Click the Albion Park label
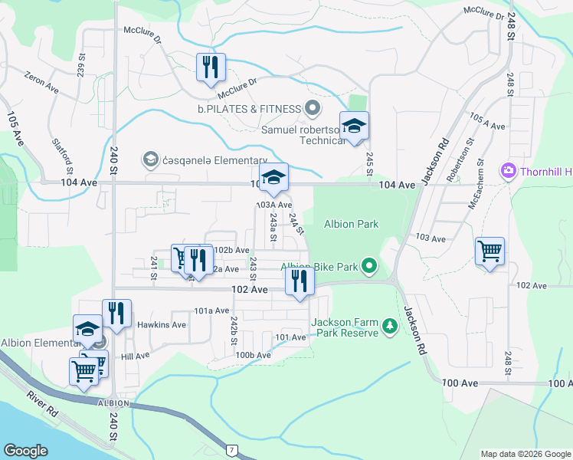[x=352, y=224]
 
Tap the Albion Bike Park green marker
[x=370, y=267]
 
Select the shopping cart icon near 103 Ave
[x=490, y=250]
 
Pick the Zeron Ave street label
[x=41, y=84]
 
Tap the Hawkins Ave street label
[x=162, y=324]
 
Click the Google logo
[x=27, y=451]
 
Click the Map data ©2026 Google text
[x=526, y=454]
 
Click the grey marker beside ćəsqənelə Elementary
[x=150, y=159]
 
